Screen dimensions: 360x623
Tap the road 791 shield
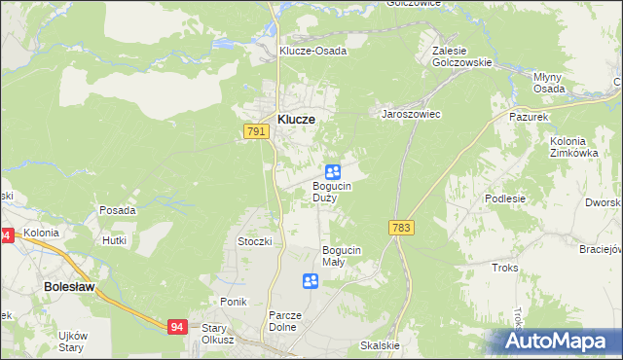(x=256, y=130)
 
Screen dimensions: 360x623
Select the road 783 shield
(x=400, y=227)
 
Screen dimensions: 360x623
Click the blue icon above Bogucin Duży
(x=332, y=171)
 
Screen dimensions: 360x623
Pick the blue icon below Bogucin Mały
(x=311, y=281)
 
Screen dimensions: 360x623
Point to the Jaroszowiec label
(x=411, y=114)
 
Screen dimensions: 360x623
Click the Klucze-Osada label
(x=312, y=51)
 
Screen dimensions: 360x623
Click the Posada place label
(x=118, y=209)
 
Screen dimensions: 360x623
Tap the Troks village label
(x=505, y=267)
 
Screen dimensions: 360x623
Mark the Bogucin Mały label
(x=342, y=255)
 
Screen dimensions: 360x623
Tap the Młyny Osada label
(x=550, y=82)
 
